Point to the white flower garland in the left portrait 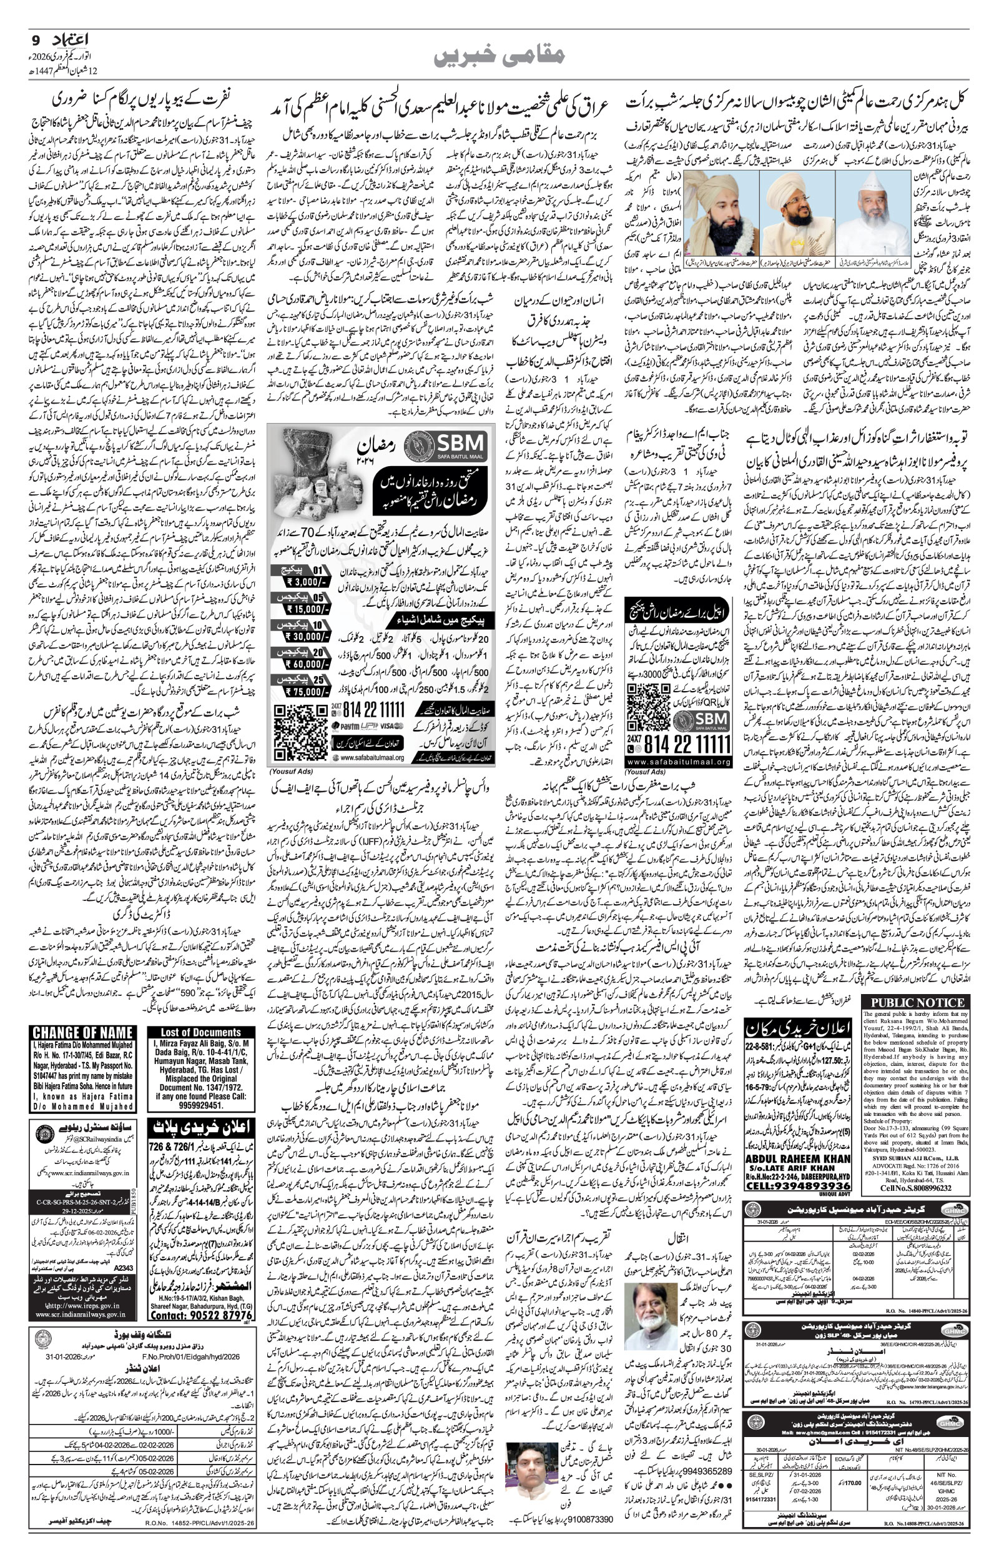[721, 231]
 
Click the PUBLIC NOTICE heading [917, 1003]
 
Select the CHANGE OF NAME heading [82, 1032]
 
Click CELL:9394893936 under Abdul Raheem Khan [797, 1169]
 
